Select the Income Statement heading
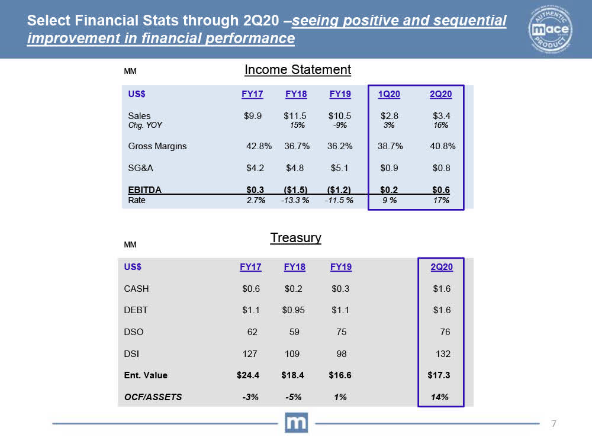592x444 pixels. tap(298, 70)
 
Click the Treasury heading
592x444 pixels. tap(295, 238)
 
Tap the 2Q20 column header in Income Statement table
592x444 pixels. tap(441, 95)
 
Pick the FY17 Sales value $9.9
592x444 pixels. tap(253, 116)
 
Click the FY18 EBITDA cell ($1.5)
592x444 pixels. tap(294, 190)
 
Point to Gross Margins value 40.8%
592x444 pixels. tap(442, 146)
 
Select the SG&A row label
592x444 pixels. tap(140, 168)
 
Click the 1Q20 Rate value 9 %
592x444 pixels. tap(389, 201)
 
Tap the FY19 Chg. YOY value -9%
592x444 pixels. tap(340, 126)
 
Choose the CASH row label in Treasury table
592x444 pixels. tap(136, 289)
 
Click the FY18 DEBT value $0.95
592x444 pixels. tap(294, 310)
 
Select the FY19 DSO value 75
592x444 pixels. tap(341, 332)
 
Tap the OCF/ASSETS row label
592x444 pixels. tap(153, 397)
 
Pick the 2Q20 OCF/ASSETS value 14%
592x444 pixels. tap(440, 397)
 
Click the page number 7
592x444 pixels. tap(554, 423)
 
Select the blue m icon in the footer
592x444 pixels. tap(296, 423)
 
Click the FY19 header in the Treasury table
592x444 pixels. tap(340, 267)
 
